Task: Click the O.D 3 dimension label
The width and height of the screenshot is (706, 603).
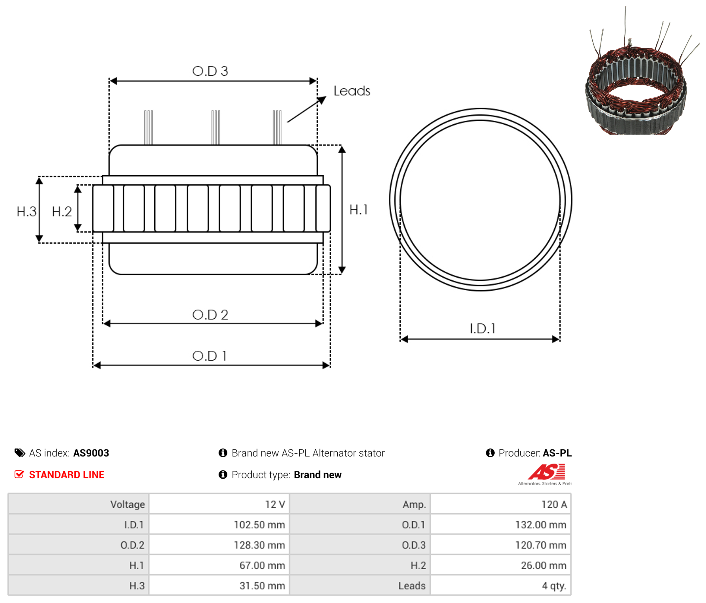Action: (210, 71)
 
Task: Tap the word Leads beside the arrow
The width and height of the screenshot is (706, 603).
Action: (351, 91)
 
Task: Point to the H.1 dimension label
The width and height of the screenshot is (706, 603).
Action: (358, 210)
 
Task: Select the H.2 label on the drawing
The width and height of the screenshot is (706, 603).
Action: (62, 212)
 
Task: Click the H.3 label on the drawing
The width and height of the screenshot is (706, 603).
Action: (26, 212)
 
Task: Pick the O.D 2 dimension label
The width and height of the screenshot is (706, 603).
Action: (210, 315)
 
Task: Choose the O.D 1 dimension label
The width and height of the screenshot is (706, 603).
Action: (209, 356)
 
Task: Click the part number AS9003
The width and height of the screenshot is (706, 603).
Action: (91, 453)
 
